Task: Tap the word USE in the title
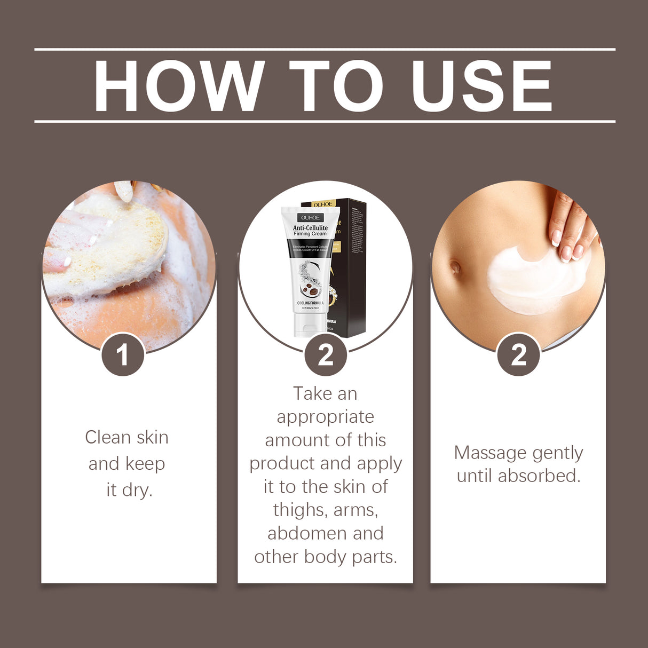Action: point(481,86)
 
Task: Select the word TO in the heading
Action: point(336,86)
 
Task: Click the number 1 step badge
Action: point(123,355)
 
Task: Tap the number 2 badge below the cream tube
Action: point(326,355)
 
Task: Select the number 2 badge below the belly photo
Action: point(518,355)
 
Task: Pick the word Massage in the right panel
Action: point(488,453)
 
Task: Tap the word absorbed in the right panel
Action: point(539,476)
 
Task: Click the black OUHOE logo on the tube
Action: point(310,218)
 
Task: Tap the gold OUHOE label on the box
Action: point(322,204)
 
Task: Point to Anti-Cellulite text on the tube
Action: point(310,228)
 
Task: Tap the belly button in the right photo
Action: point(455,266)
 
